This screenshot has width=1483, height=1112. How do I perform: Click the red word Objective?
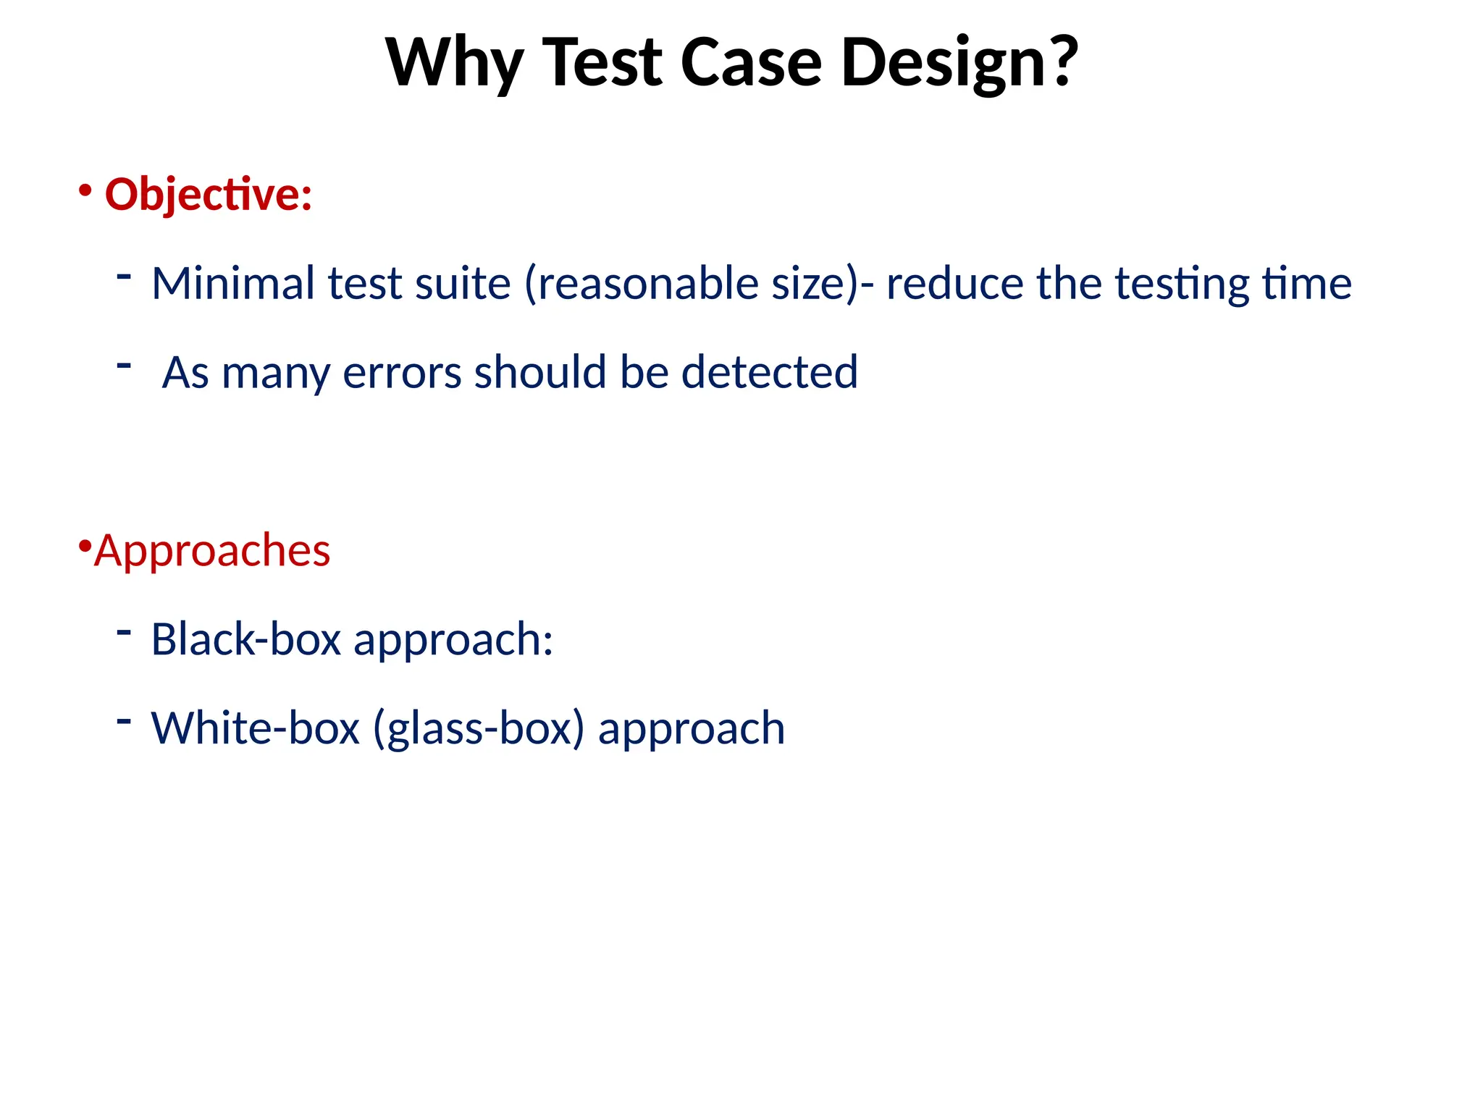click(x=209, y=195)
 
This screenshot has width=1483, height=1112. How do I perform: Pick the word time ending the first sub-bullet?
click(x=1306, y=283)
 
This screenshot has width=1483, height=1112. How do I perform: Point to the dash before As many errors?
click(x=124, y=365)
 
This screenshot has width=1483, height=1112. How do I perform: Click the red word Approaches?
click(x=212, y=550)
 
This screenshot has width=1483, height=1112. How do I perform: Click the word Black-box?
click(x=245, y=640)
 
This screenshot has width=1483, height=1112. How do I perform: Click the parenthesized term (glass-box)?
click(x=479, y=728)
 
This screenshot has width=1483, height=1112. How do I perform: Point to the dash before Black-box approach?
click(x=124, y=632)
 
